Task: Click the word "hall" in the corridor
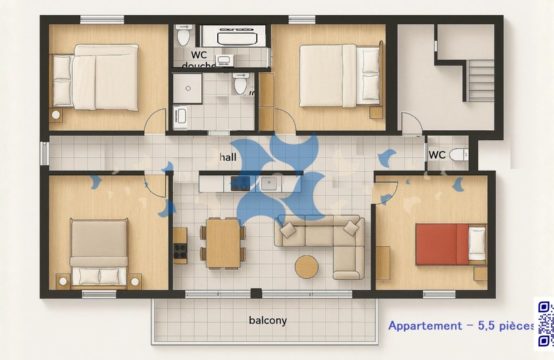tap(228, 157)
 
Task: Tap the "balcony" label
tap(268, 320)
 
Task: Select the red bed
tap(450, 244)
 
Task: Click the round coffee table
tap(307, 267)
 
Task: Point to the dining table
tap(224, 243)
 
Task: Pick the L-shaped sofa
tap(320, 244)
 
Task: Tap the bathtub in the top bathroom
tap(232, 36)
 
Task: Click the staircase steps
tap(481, 81)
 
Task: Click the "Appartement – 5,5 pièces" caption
tap(461, 325)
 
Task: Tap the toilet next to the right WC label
tap(459, 155)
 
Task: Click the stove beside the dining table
tap(180, 246)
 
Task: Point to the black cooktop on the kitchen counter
tap(241, 184)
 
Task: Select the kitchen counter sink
tap(271, 184)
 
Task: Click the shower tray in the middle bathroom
tap(187, 88)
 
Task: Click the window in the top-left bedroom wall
tap(102, 20)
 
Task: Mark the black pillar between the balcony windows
tap(256, 293)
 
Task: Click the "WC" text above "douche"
tap(199, 55)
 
